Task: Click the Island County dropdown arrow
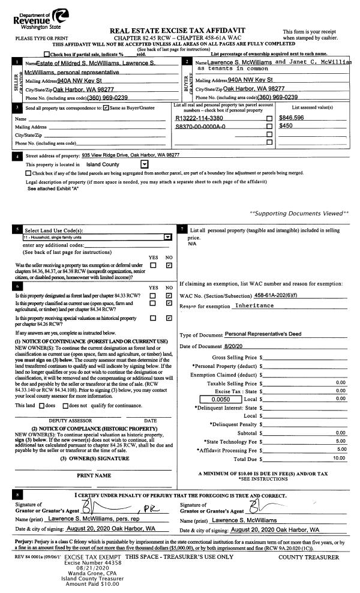144,163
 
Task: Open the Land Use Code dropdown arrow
167,237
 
